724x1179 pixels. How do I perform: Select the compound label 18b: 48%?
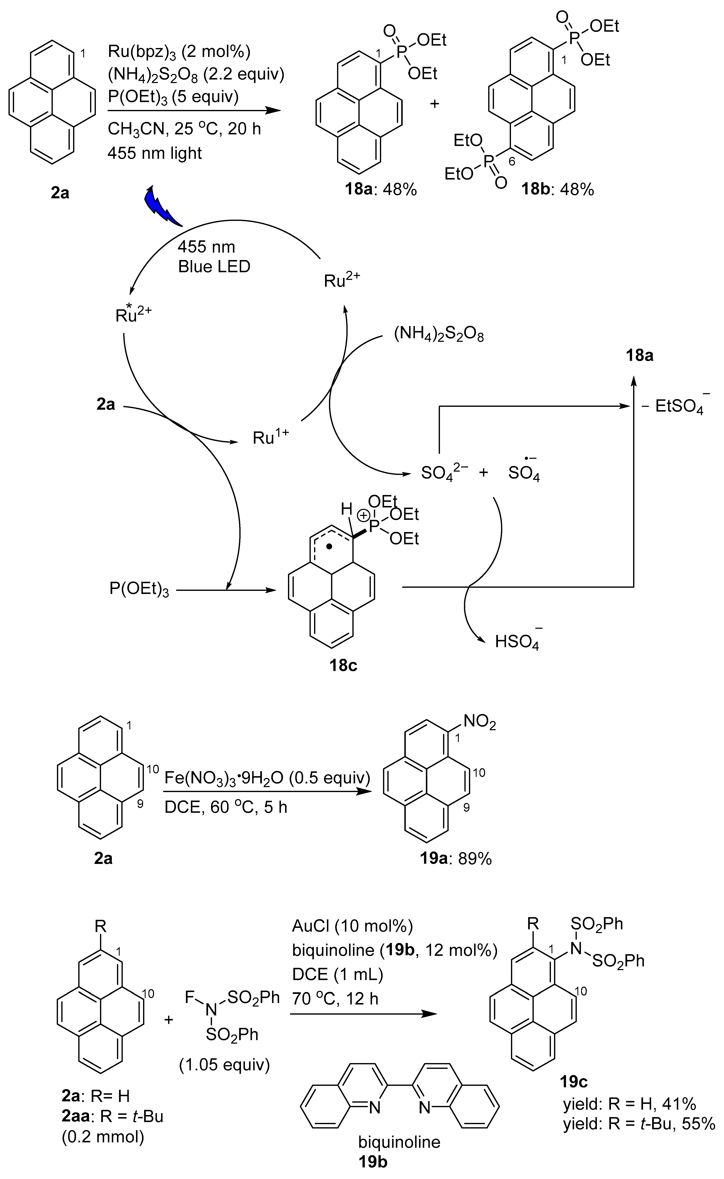point(557,190)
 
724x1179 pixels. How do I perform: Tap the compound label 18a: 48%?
point(381,190)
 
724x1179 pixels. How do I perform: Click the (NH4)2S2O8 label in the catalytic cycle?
point(439,335)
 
